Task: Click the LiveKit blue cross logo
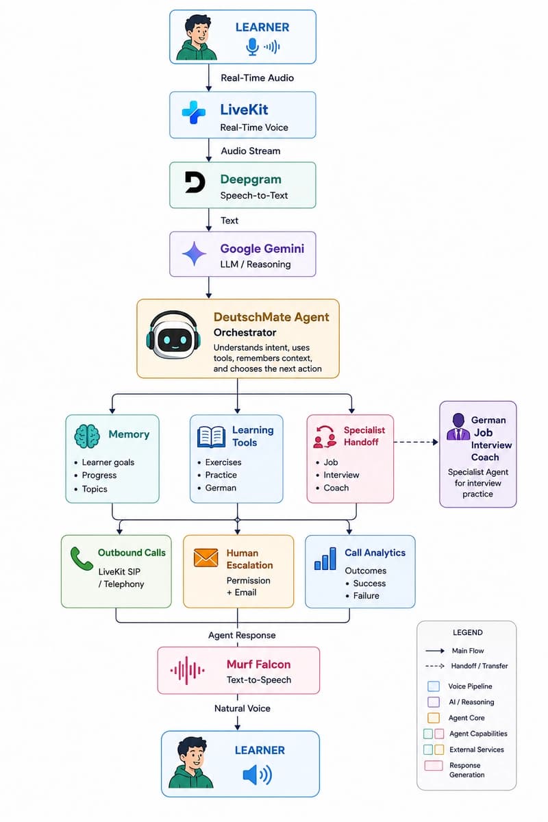tap(193, 112)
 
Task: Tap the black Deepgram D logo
tap(195, 182)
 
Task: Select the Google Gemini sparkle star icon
tap(194, 253)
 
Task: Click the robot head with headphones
tap(173, 335)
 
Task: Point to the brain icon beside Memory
tap(87, 436)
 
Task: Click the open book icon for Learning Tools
tap(212, 437)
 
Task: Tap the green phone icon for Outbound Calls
tap(82, 559)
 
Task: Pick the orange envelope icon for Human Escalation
tap(206, 558)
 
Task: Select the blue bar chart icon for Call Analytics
tap(325, 558)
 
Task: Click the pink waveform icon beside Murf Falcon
tap(187, 671)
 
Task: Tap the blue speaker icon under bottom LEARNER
tap(258, 775)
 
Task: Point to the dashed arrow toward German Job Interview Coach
tap(416, 443)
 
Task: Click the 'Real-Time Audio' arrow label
tap(258, 78)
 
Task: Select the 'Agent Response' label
tap(242, 635)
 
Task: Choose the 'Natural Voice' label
tap(242, 708)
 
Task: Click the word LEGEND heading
tap(468, 632)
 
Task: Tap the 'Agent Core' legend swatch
tap(434, 717)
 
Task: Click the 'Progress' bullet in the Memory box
tap(99, 475)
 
